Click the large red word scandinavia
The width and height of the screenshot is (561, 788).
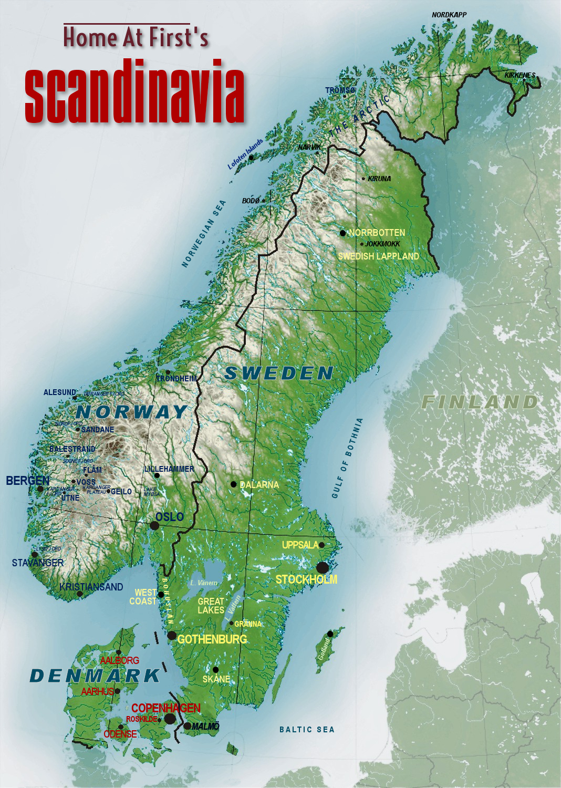coord(134,92)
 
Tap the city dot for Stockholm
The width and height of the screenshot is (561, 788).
coord(323,567)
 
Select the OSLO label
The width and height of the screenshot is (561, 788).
coord(170,517)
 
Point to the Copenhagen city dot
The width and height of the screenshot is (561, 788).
coord(170,719)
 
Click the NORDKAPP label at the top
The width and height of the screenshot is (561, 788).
coord(449,15)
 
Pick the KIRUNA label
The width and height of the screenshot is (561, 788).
coord(379,179)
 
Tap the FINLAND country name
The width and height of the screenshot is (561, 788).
coord(480,402)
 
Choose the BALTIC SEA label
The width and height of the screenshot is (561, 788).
coord(307,729)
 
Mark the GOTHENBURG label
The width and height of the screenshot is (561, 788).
coord(212,639)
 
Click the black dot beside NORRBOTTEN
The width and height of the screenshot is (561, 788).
coord(342,233)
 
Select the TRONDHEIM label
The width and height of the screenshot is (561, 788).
coord(176,378)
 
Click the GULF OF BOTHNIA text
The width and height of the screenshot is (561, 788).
coord(347,458)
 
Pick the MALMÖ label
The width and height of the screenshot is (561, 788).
coord(205,726)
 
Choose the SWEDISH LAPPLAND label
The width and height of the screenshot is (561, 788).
coord(378,256)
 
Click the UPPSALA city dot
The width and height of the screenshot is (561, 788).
coord(321,545)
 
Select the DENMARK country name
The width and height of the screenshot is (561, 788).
coord(95,676)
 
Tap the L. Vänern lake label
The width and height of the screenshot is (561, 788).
coord(204,583)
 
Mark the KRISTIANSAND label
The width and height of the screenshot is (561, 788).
coord(91,587)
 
